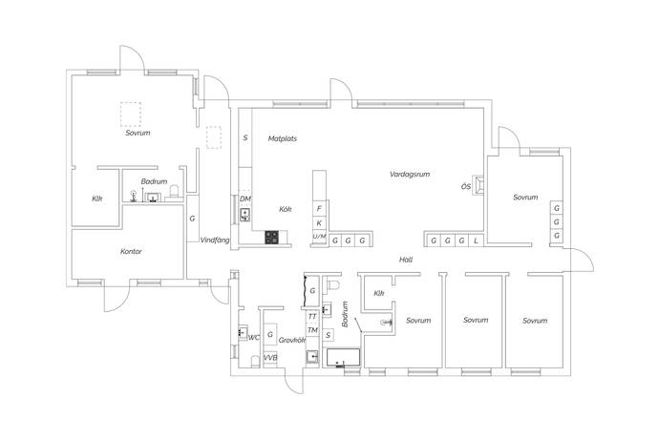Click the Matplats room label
pyautogui.click(x=283, y=138)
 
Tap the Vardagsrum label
pyautogui.click(x=410, y=174)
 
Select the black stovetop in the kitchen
pyautogui.click(x=271, y=238)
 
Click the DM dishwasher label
pyautogui.click(x=245, y=199)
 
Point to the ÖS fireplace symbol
pyautogui.click(x=478, y=185)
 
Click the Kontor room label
pyautogui.click(x=131, y=252)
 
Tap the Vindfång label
pyautogui.click(x=215, y=240)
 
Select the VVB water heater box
pyautogui.click(x=270, y=358)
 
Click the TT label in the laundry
pyautogui.click(x=312, y=316)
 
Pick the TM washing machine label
pyautogui.click(x=312, y=330)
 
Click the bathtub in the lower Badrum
pyautogui.click(x=344, y=357)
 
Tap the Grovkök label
pyautogui.click(x=291, y=341)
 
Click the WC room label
pyautogui.click(x=254, y=337)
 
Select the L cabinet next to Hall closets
pyautogui.click(x=476, y=240)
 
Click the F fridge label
pyautogui.click(x=319, y=208)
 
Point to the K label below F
pyautogui.click(x=319, y=223)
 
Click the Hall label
pyautogui.click(x=406, y=260)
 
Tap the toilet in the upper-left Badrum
pyautogui.click(x=174, y=191)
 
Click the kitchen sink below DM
pyautogui.click(x=245, y=215)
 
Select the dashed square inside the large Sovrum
pyautogui.click(x=130, y=115)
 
